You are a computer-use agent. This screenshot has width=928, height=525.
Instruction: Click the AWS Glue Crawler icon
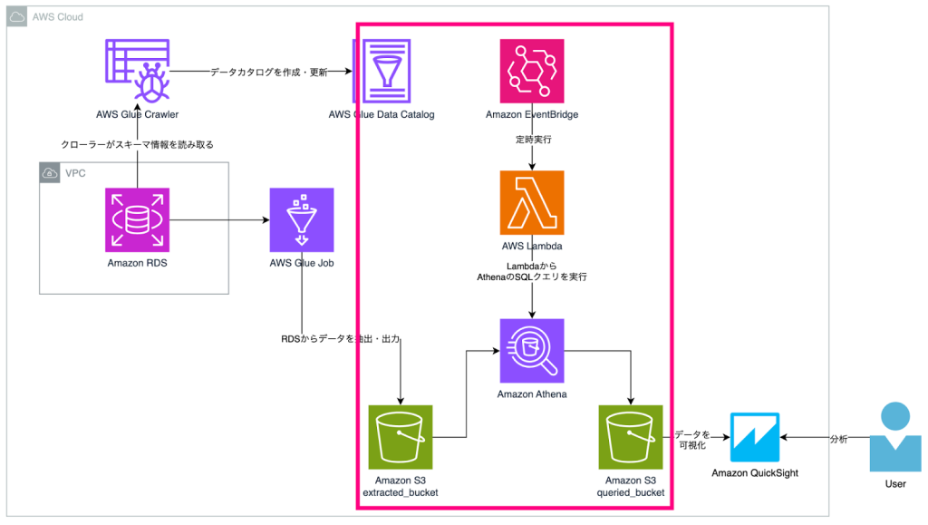137,71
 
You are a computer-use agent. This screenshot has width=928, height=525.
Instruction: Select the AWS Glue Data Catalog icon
382,71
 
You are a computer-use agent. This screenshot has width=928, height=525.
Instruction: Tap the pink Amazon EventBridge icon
532,71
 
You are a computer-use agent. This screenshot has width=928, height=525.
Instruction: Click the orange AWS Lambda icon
532,202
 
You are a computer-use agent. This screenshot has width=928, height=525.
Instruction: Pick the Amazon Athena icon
532,350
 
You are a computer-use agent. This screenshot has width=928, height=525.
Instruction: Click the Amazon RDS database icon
137,219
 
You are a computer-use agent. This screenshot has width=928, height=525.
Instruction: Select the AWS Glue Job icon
302,219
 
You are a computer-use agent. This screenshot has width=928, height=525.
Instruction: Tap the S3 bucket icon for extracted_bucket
400,437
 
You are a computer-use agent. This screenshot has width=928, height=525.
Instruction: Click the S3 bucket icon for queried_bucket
631,437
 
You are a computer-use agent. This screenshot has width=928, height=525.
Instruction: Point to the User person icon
894,437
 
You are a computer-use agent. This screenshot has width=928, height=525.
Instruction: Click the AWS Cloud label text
57,18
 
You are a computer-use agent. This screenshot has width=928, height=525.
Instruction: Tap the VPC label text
74,173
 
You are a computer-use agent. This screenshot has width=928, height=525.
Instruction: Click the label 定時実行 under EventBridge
531,141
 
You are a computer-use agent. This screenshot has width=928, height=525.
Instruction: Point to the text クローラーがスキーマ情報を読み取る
137,144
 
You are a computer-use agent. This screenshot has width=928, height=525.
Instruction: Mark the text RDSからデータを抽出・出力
341,339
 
